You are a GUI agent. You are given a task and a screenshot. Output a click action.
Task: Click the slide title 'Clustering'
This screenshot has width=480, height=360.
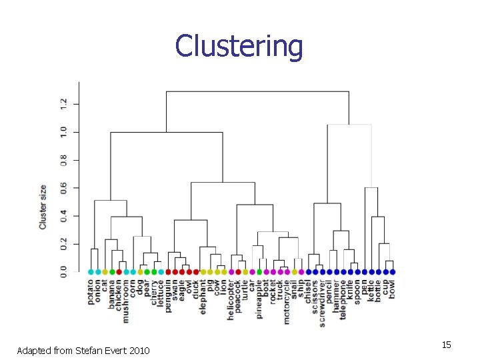click(x=239, y=46)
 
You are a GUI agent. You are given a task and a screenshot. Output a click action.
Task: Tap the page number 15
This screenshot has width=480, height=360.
click(x=446, y=345)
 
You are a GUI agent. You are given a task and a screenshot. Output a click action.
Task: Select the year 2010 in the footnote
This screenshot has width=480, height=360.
click(x=137, y=351)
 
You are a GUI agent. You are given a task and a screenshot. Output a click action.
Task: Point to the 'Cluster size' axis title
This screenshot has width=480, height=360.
click(x=43, y=207)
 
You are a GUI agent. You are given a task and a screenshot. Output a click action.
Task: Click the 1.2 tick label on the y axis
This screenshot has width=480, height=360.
click(x=64, y=104)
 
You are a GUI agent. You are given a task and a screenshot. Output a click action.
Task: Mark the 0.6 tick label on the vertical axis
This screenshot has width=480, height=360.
click(x=64, y=188)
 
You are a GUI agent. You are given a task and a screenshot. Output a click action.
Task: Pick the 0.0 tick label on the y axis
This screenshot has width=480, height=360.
click(x=64, y=272)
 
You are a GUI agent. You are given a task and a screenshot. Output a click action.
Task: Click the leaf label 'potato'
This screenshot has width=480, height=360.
click(x=91, y=292)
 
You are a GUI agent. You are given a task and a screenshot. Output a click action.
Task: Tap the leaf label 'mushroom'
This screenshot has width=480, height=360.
click(x=127, y=300)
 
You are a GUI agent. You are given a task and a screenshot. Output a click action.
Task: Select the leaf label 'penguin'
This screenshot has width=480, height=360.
click(x=168, y=295)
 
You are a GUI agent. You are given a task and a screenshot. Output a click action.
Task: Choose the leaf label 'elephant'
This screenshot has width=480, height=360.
click(x=203, y=296)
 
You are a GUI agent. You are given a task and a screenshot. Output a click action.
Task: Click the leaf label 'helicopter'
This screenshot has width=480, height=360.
click(x=231, y=299)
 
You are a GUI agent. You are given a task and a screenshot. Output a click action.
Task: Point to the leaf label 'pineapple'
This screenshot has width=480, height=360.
click(x=259, y=299)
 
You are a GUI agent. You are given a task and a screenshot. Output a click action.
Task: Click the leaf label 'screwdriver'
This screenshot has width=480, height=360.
click(x=323, y=301)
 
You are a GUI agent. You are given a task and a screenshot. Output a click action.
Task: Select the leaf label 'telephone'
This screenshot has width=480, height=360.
click(x=343, y=299)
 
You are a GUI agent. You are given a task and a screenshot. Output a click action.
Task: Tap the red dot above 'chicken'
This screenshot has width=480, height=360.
click(x=119, y=272)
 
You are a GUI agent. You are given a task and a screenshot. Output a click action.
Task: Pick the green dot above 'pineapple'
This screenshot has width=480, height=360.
click(x=259, y=272)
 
